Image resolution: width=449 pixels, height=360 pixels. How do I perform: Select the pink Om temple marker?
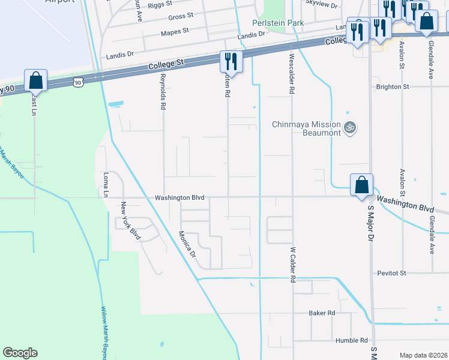point(350,128)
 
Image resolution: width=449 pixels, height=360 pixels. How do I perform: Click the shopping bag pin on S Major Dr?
point(362,185)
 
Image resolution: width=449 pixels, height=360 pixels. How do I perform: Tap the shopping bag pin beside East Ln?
point(35,81)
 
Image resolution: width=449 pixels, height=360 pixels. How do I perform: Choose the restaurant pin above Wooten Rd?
point(230,62)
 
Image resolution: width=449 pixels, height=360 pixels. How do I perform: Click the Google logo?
point(20,353)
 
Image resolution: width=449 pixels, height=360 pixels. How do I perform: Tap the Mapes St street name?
point(175,30)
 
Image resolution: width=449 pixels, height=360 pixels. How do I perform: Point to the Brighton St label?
point(392,87)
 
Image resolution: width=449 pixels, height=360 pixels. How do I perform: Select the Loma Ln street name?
point(106,185)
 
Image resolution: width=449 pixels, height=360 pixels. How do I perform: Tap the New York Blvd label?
point(130,220)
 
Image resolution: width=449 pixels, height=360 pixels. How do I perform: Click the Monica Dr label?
point(187,245)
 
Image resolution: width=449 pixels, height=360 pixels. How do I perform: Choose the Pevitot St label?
point(392,273)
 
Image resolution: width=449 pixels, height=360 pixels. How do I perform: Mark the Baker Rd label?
point(322,313)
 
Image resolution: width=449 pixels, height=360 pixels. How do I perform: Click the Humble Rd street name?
point(352,340)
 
